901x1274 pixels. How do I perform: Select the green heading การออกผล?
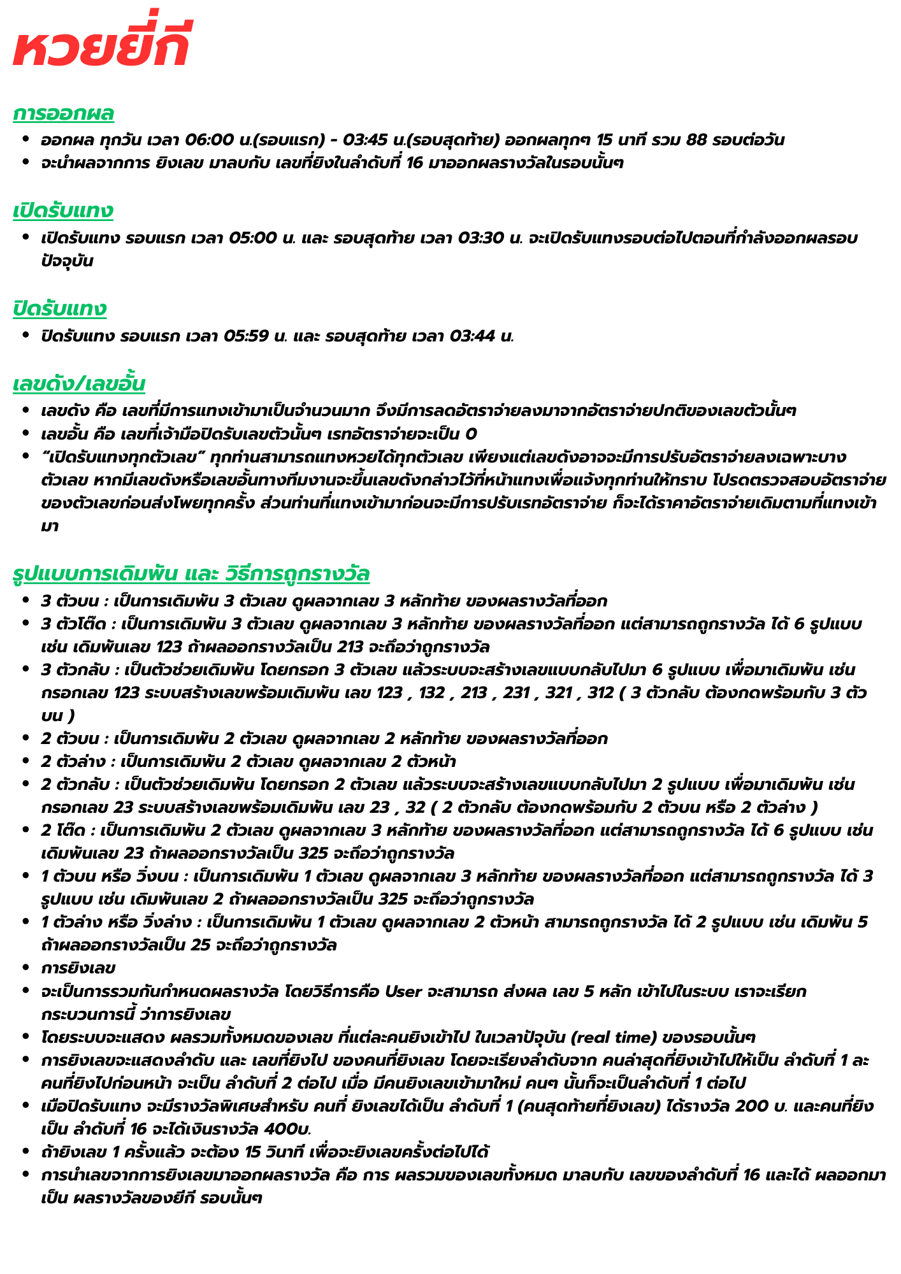click(63, 113)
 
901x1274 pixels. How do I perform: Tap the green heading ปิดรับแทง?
click(59, 309)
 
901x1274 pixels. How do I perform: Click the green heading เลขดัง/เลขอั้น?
click(79, 384)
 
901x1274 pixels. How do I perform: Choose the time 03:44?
click(472, 336)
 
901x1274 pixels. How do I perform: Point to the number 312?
click(601, 693)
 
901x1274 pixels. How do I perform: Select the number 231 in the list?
click(516, 693)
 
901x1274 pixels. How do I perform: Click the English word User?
click(405, 992)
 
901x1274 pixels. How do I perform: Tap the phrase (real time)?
click(615, 1038)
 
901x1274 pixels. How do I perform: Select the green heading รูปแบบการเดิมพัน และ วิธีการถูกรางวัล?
click(191, 574)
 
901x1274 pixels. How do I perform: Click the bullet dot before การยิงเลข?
click(25, 969)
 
